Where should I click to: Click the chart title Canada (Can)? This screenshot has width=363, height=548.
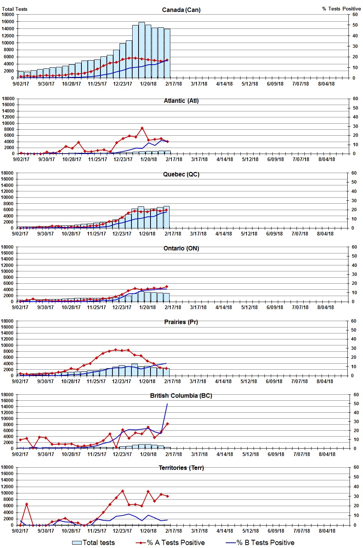[x=181, y=10]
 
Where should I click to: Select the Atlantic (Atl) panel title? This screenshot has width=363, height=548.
[x=181, y=101]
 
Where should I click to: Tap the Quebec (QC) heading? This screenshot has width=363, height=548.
[x=181, y=174]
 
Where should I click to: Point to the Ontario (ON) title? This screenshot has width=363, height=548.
[x=181, y=248]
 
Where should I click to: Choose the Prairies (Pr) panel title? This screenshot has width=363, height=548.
[x=181, y=322]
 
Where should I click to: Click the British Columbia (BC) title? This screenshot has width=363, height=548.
[x=181, y=395]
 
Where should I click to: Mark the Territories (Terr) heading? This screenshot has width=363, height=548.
[x=181, y=468]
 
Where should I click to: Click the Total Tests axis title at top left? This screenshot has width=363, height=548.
[x=15, y=9]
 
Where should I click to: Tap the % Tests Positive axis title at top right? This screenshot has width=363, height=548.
[x=341, y=9]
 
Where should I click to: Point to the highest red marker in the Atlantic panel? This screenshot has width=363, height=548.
[x=142, y=128]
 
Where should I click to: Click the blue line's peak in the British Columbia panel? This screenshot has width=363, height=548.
[x=167, y=404]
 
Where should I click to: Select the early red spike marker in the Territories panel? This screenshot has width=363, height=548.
[x=27, y=504]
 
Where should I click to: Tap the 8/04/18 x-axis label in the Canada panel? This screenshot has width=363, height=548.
[x=326, y=84]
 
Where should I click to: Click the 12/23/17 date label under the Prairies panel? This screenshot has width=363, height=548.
[x=121, y=381]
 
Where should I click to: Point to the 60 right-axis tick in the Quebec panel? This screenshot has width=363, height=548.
[x=355, y=173]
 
